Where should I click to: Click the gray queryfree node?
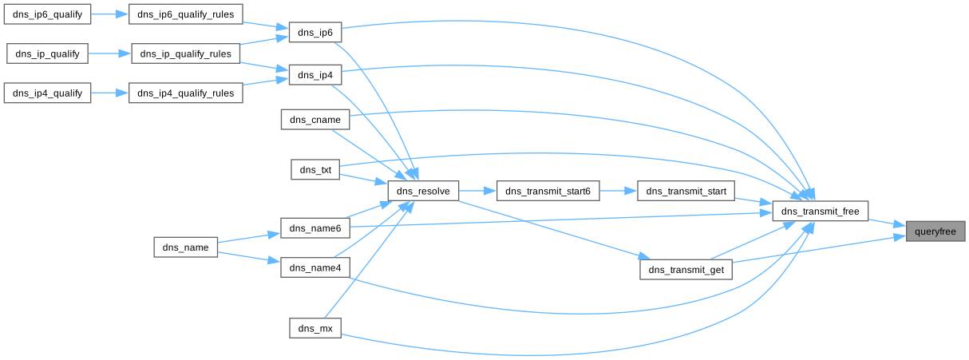(935, 231)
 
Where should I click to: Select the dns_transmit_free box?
(820, 212)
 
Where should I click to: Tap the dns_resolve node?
(423, 192)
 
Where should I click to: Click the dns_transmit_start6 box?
(548, 192)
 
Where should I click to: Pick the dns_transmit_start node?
(686, 192)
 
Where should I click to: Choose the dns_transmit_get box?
(686, 270)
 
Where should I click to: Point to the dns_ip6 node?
(314, 33)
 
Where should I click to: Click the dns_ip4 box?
(314, 75)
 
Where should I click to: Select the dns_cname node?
(314, 120)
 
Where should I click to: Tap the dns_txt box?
(314, 169)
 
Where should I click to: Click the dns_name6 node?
(314, 228)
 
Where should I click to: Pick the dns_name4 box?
(314, 268)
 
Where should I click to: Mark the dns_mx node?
(314, 328)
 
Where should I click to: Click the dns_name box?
(185, 247)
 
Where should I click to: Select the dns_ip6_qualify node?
(47, 14)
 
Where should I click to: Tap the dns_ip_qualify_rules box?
(185, 54)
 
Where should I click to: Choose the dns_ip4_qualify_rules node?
(185, 93)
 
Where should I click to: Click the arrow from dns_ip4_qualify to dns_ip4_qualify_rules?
(109, 93)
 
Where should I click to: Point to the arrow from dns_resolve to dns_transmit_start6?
(477, 192)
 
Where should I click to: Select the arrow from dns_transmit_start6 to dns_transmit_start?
(618, 192)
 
